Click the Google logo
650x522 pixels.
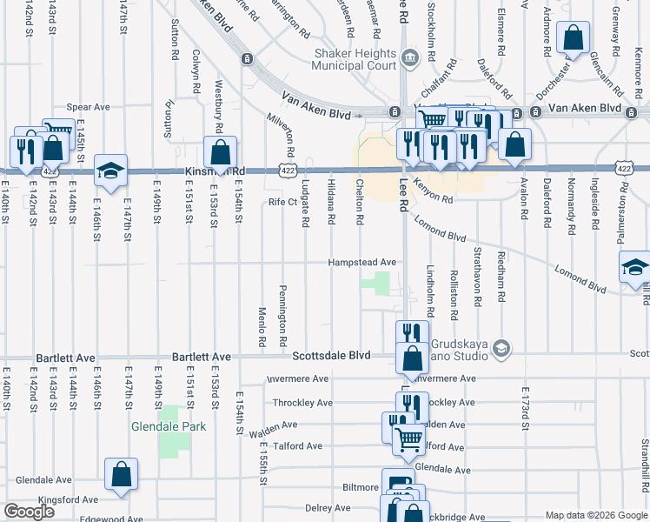coord(30,512)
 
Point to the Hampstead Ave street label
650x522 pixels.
coord(361,262)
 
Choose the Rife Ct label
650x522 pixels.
coord(283,202)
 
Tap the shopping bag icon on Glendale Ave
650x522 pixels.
coord(122,474)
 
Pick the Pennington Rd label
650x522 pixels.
coord(283,315)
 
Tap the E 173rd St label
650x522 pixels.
coord(525,408)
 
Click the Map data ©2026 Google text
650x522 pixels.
coord(595,515)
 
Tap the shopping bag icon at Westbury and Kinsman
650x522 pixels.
coord(222,151)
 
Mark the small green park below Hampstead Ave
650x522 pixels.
coord(376,284)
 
